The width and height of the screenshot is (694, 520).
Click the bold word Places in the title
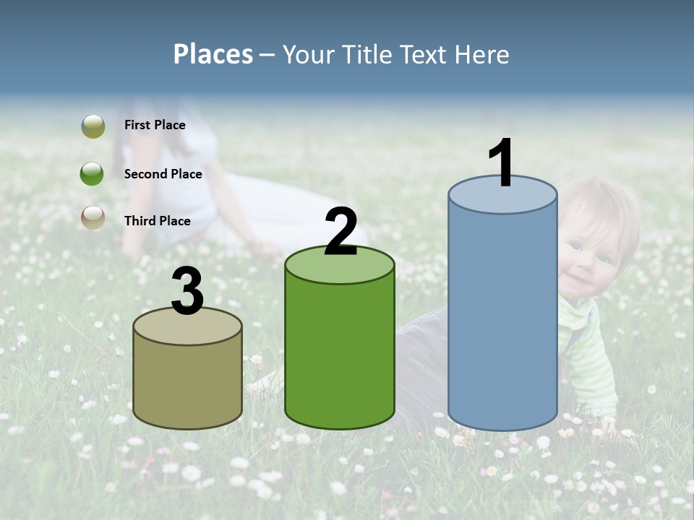coord(213,54)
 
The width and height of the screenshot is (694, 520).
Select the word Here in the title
coord(482,54)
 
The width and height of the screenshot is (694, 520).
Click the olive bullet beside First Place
coord(93,126)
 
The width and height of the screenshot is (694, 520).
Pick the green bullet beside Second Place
coord(93,174)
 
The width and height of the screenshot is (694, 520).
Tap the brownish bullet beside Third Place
coord(93,217)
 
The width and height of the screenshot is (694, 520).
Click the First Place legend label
coord(155,125)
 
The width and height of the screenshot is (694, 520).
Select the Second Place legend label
coord(163,174)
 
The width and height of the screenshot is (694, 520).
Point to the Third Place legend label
coord(157,221)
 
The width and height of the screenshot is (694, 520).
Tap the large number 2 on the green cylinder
coord(340,232)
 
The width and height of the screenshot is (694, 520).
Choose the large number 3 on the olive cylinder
coord(187,292)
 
